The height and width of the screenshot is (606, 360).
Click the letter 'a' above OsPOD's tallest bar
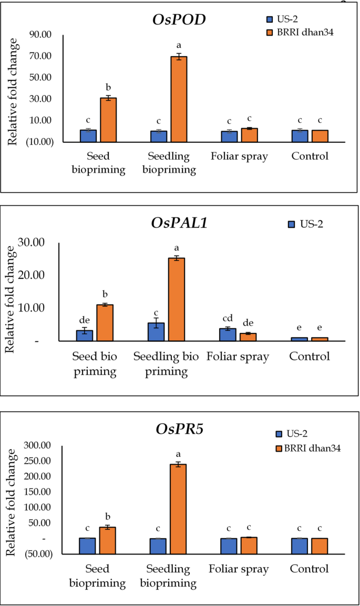click(179, 46)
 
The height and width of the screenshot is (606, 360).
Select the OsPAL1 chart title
click(179, 223)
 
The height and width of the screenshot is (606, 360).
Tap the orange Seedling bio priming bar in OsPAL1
click(177, 299)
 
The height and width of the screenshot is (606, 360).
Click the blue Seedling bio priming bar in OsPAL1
click(156, 332)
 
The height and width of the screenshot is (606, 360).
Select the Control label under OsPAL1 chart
click(310, 357)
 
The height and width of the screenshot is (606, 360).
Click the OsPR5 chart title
click(179, 430)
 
